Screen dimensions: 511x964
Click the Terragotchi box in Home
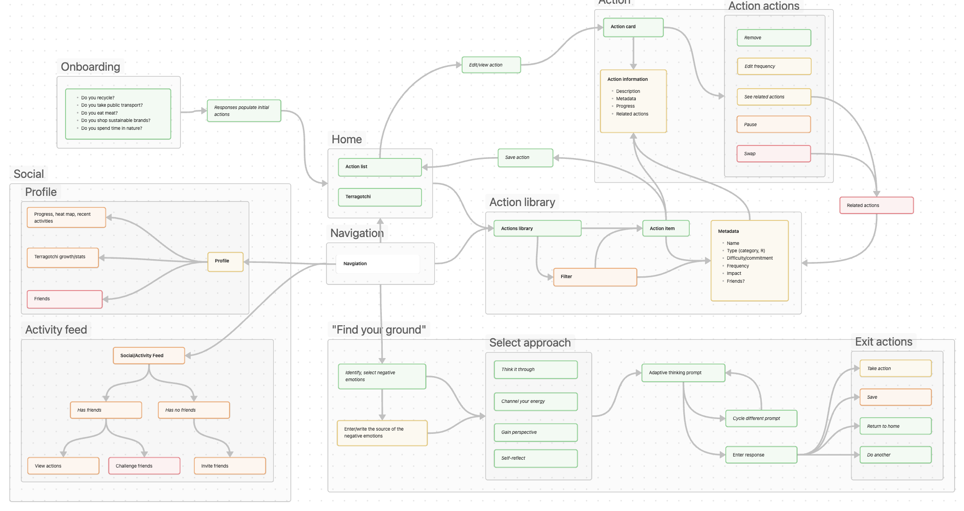coord(380,197)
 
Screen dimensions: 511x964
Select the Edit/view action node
coord(491,65)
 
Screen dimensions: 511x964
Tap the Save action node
coord(525,158)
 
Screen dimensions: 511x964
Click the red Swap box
coord(773,154)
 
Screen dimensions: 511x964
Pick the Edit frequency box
coord(774,67)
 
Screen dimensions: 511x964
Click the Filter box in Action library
coord(595,277)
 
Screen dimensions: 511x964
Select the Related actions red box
coord(876,206)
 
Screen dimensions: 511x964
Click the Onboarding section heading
coord(90,67)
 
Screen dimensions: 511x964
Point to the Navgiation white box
coord(377,264)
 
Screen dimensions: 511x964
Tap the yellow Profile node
coord(225,262)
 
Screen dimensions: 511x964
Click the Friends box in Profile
coord(64,299)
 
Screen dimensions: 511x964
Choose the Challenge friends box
coord(144,466)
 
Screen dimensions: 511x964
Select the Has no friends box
coord(193,410)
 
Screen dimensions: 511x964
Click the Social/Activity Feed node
coord(149,356)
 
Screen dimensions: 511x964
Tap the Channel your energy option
coord(535,401)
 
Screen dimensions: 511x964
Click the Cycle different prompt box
coord(761,419)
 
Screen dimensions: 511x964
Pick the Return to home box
coord(895,426)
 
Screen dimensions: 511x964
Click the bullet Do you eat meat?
coord(99,113)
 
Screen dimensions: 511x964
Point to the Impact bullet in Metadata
coord(734,274)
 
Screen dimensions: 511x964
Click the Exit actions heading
coord(883,342)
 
